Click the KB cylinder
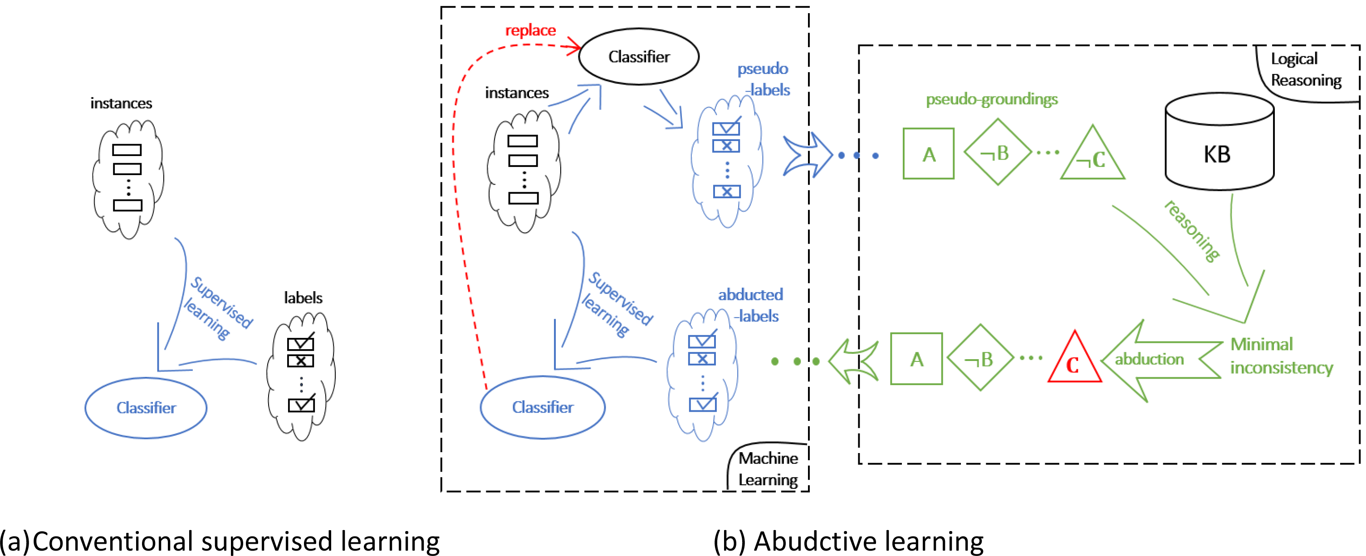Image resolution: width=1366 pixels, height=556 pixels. pos(1219,143)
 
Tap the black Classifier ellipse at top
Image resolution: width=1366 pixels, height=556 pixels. pos(638,57)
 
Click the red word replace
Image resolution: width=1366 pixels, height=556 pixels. pos(530,31)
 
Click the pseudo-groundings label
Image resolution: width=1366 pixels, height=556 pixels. pos(991,99)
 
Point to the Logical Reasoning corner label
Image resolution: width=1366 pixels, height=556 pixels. pos(1305,70)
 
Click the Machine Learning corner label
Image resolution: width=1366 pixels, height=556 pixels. pos(768,468)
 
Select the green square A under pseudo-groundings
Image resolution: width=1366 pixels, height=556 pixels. pos(928,154)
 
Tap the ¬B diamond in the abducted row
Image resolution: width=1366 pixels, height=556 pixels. pos(980,359)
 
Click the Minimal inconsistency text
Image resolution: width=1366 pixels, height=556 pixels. pos(1280,356)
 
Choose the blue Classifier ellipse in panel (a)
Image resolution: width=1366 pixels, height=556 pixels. pos(146,408)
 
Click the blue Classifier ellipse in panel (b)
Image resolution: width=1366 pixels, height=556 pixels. pos(543,407)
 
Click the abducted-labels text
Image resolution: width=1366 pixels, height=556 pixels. pos(750,305)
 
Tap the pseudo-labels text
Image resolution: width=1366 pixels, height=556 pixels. pos(763,79)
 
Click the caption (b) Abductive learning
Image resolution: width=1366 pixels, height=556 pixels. pos(848,541)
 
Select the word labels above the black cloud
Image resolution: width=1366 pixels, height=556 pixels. pos(303,298)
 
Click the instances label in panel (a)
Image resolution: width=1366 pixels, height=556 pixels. pos(121,103)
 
